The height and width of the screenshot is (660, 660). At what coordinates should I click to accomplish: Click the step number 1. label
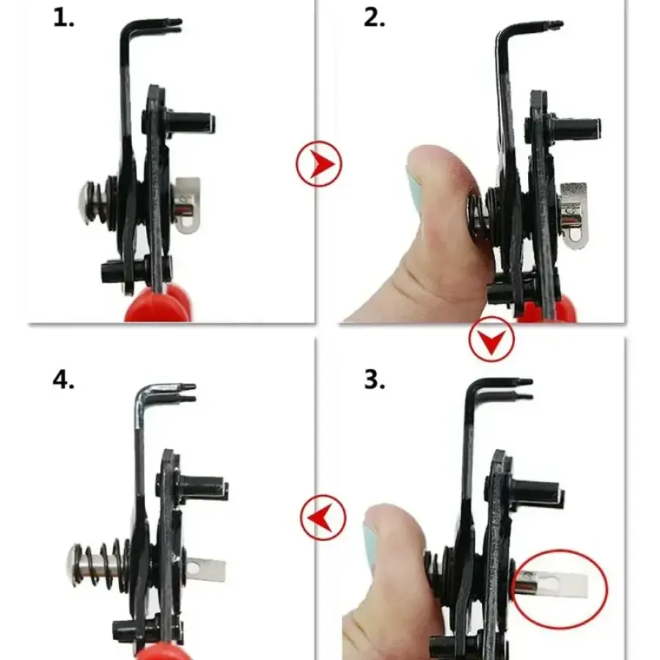coord(64,19)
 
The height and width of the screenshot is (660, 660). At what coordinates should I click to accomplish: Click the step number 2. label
coord(374,19)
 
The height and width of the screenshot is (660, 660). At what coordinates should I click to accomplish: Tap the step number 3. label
coord(374,380)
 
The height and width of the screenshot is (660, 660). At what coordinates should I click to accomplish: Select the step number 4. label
coord(64,380)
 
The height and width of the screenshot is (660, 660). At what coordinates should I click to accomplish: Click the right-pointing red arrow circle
coord(319,164)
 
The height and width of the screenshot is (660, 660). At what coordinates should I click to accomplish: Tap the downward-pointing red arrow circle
coord(491,340)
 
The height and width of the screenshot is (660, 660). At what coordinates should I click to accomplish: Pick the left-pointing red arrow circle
coord(323,517)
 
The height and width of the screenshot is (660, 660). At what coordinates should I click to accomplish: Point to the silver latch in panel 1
coord(187,205)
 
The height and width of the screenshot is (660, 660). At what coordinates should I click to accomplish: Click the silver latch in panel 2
coord(573,215)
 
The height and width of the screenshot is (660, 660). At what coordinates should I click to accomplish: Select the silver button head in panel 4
coord(74,565)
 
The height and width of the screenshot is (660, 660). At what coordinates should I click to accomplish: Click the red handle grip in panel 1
coord(158,303)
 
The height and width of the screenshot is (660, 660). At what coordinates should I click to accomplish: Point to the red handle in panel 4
coord(158,653)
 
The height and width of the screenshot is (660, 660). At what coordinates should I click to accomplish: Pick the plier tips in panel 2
coord(552,24)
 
